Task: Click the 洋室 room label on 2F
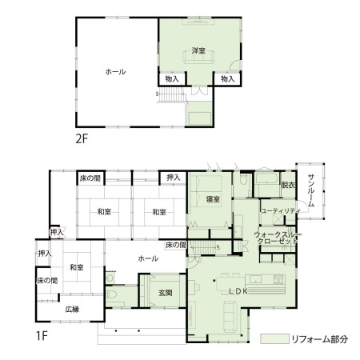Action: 198,50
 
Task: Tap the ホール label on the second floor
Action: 115,72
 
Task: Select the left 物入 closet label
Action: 172,78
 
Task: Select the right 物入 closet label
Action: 228,78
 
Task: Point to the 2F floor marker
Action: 82,138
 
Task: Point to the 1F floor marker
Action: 42,336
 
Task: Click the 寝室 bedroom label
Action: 213,199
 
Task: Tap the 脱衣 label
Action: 288,185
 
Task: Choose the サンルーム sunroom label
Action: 311,190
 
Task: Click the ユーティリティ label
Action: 281,211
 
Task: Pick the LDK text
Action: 238,291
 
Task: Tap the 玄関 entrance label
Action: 166,293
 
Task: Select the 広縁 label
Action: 72,310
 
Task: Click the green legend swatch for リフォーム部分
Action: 274,338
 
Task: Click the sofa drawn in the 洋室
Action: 198,57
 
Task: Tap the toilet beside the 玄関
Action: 111,294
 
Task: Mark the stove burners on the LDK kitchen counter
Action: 278,279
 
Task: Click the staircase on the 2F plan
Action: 171,94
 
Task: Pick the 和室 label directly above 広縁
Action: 76,267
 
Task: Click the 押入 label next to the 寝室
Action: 174,178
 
